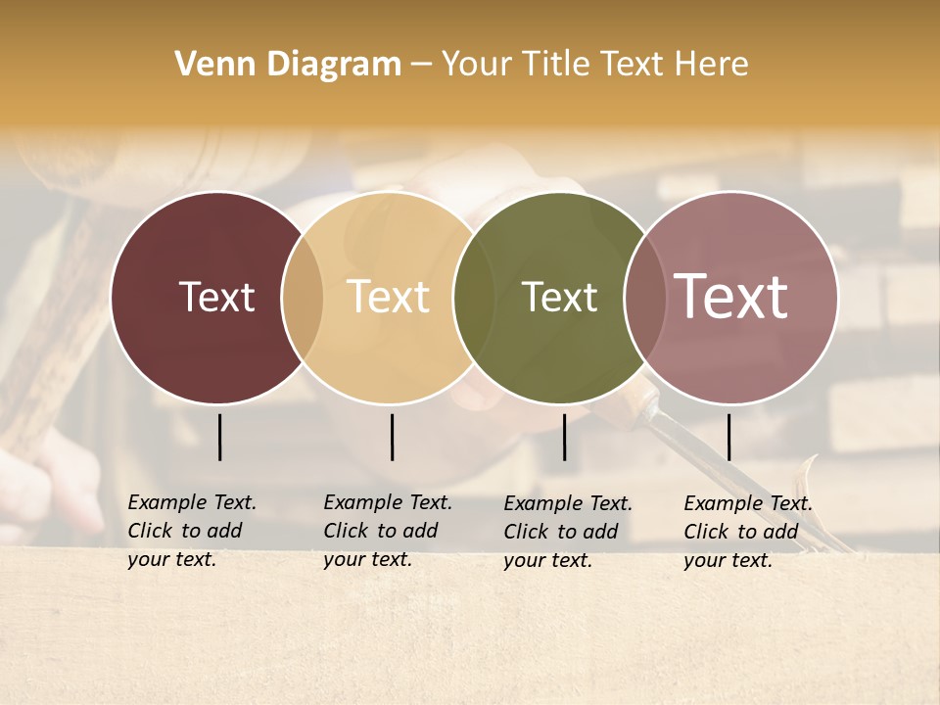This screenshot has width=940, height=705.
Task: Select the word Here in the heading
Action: [711, 65]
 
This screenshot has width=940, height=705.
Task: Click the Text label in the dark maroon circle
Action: [216, 297]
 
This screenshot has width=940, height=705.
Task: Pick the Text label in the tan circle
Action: [389, 297]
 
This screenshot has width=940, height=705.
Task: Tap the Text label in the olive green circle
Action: [559, 297]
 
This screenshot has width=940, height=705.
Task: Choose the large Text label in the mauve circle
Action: [731, 297]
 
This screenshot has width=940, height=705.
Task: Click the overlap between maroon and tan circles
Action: [303, 298]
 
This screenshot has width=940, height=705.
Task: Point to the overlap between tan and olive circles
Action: [474, 298]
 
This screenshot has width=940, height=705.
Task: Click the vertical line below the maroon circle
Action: [220, 437]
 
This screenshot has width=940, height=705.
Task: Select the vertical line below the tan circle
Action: [392, 437]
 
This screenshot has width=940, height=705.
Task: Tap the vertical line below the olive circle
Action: [565, 437]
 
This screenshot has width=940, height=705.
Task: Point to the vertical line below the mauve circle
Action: [729, 437]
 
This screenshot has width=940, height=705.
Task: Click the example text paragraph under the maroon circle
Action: [191, 531]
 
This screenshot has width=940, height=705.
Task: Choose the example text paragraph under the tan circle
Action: [387, 531]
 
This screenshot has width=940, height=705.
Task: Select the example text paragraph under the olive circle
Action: [567, 532]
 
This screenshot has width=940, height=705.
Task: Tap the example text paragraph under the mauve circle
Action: [747, 532]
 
